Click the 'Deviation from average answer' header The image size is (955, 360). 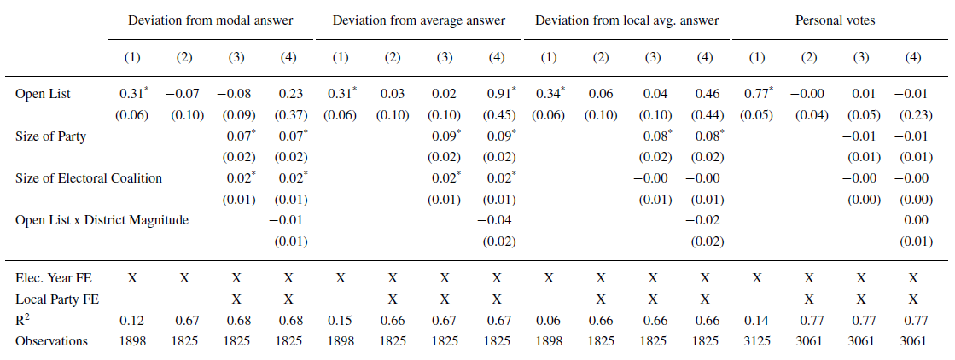(418, 20)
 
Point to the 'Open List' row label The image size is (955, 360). (43, 94)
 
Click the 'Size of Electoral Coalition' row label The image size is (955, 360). (89, 177)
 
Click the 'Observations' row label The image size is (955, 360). (51, 340)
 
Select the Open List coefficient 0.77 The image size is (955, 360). (754, 94)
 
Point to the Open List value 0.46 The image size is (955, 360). (703, 94)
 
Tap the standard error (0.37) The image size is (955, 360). (288, 114)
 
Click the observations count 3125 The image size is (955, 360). (757, 340)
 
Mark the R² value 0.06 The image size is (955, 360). (549, 320)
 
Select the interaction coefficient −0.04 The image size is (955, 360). (496, 219)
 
